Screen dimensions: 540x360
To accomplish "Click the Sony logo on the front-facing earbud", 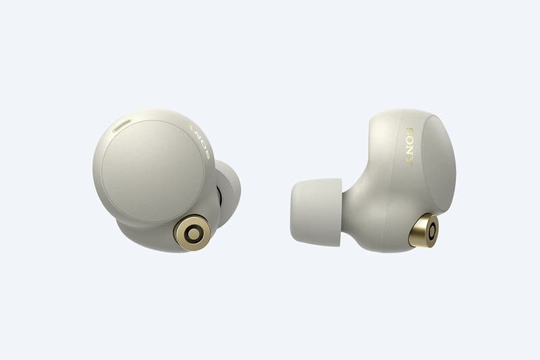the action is (x=200, y=143).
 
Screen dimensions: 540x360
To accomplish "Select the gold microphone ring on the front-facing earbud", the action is (x=193, y=234).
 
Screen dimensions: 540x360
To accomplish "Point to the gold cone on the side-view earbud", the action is (x=424, y=230).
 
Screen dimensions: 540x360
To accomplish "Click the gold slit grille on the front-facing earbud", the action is (x=122, y=126).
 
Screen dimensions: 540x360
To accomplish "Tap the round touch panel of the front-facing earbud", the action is (x=153, y=171).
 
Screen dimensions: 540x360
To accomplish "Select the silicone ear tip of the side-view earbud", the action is (x=316, y=212).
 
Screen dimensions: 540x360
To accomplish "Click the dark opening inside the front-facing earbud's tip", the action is (x=219, y=199).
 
